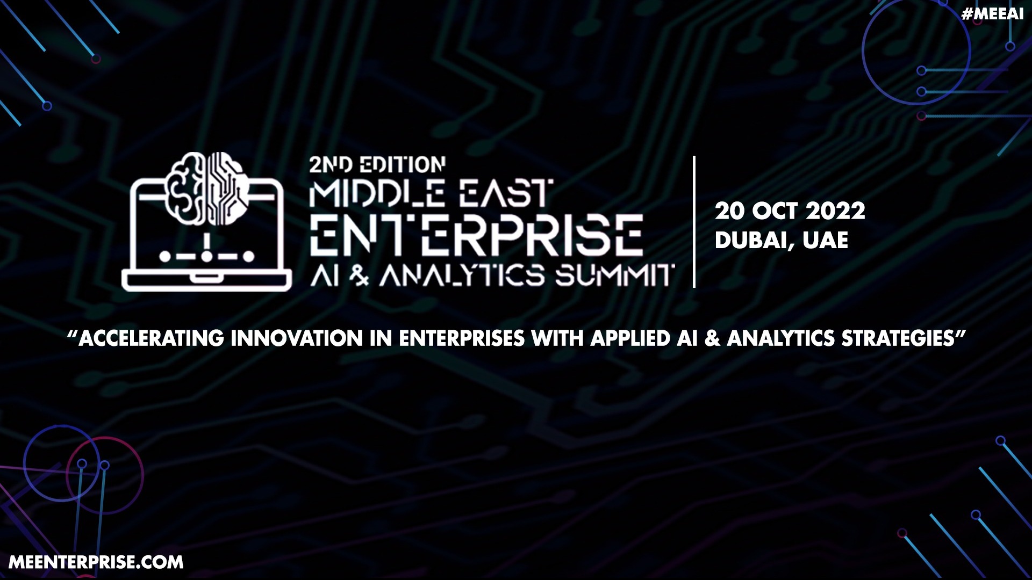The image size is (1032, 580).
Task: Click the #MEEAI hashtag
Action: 992,14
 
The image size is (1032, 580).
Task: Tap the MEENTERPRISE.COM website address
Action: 96,562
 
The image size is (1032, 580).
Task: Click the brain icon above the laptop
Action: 207,188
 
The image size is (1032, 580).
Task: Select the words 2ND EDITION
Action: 377,165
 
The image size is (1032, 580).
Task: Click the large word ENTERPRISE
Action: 476,235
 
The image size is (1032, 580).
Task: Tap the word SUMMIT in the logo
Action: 615,276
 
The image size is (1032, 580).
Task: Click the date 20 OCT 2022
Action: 790,211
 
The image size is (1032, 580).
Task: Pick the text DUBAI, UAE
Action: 782,241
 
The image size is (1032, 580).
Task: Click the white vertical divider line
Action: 694,222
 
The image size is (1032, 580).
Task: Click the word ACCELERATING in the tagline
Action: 152,338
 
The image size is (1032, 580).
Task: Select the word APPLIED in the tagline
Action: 630,338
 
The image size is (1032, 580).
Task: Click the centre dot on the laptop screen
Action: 207,256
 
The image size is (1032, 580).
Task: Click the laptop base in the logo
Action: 207,280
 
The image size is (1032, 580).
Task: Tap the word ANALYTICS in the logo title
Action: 463,276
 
